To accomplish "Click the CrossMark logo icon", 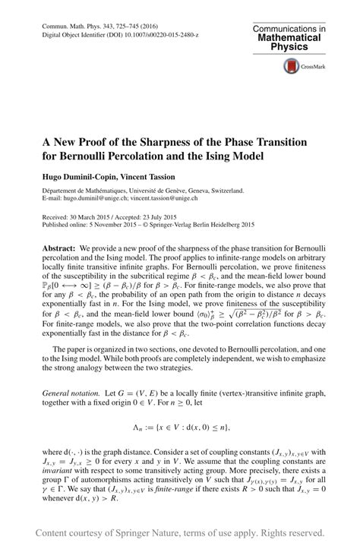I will (x=292, y=67).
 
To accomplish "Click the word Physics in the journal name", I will (x=293, y=46).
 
